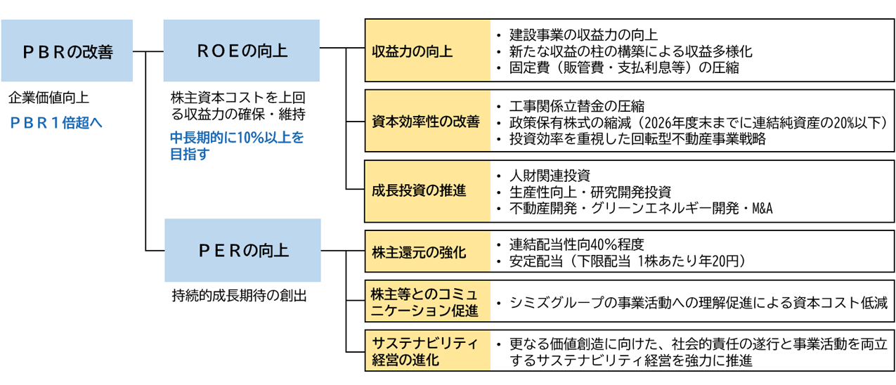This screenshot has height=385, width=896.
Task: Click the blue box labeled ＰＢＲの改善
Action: tap(67, 51)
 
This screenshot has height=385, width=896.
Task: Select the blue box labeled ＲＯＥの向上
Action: tap(242, 51)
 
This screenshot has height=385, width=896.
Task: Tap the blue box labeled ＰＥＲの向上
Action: tap(242, 250)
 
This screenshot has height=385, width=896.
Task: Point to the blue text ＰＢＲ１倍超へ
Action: tap(56, 122)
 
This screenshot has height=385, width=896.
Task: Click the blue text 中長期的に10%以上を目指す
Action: tap(237, 146)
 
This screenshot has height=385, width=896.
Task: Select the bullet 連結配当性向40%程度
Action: tap(576, 244)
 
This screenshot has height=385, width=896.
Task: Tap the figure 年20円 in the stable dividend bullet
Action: tap(721, 261)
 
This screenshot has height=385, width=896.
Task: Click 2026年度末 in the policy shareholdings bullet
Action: tap(680, 122)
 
